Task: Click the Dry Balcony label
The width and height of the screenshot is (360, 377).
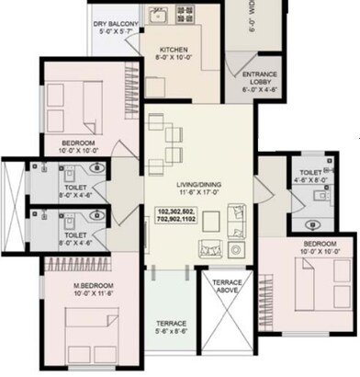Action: coord(115,26)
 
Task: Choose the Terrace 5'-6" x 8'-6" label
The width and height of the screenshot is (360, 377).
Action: coord(171,327)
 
